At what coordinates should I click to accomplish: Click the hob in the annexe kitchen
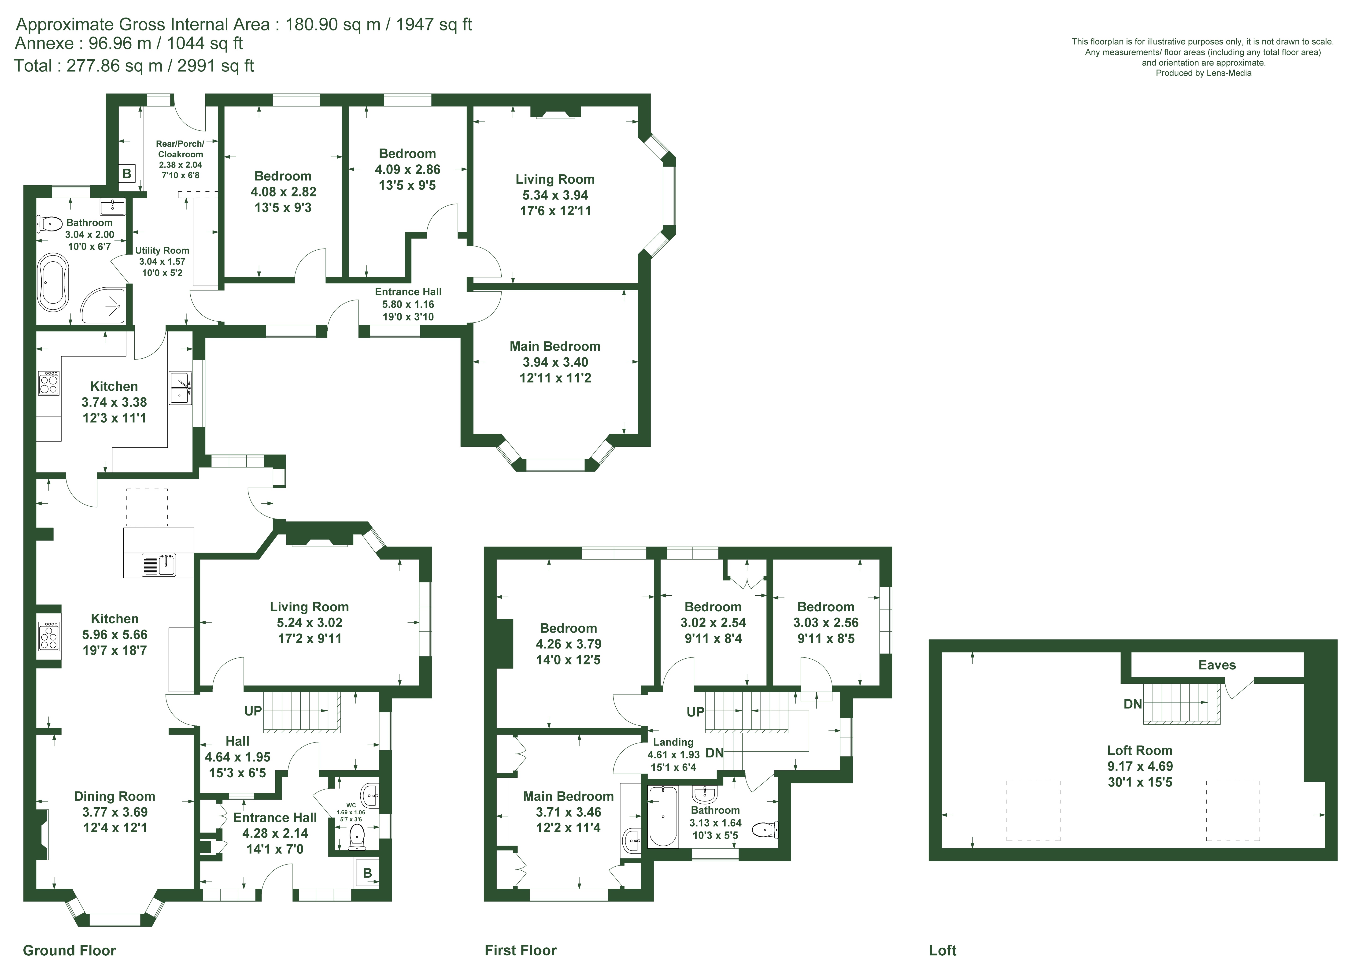coord(49,383)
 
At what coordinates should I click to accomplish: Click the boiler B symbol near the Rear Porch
coord(127,173)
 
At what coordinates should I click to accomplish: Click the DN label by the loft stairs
coord(1132,704)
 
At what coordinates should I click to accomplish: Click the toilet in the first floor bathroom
coord(765,829)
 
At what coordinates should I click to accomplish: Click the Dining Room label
coord(114,796)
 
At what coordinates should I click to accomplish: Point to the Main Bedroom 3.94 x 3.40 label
coord(555,362)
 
